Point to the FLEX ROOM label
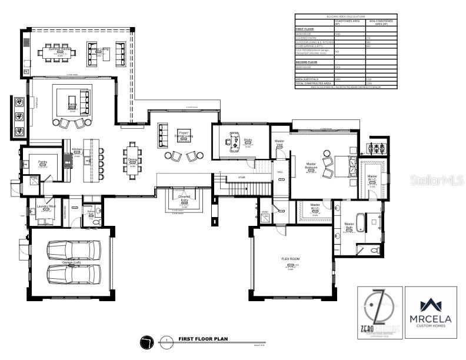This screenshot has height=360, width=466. point(291,259)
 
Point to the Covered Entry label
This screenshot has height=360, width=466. point(184,199)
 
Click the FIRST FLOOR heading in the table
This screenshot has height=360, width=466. point(304,28)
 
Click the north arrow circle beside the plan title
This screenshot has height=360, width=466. point(147,341)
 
